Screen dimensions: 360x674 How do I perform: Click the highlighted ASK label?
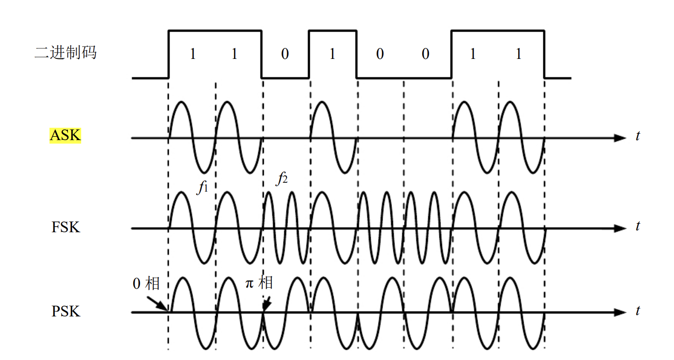pyautogui.click(x=65, y=135)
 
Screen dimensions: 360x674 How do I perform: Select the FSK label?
pyautogui.click(x=65, y=227)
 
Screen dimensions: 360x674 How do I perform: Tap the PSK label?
pyautogui.click(x=65, y=311)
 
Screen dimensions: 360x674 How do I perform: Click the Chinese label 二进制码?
pyautogui.click(x=65, y=52)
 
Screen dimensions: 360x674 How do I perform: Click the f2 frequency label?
pyautogui.click(x=282, y=179)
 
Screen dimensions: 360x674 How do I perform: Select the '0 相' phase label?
pyautogui.click(x=146, y=284)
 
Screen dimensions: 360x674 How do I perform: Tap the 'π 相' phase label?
pyautogui.click(x=259, y=283)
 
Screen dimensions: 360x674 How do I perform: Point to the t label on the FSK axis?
pyautogui.click(x=637, y=226)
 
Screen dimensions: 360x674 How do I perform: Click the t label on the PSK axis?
pyautogui.click(x=637, y=311)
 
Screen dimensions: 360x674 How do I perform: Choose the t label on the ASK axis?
pyautogui.click(x=637, y=136)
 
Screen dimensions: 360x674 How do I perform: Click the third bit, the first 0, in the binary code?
pyautogui.click(x=285, y=54)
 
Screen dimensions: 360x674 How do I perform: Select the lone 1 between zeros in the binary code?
pyautogui.click(x=332, y=54)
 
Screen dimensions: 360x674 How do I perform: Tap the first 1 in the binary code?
pyautogui.click(x=193, y=54)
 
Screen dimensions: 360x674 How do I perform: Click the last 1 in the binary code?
pyautogui.click(x=518, y=54)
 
